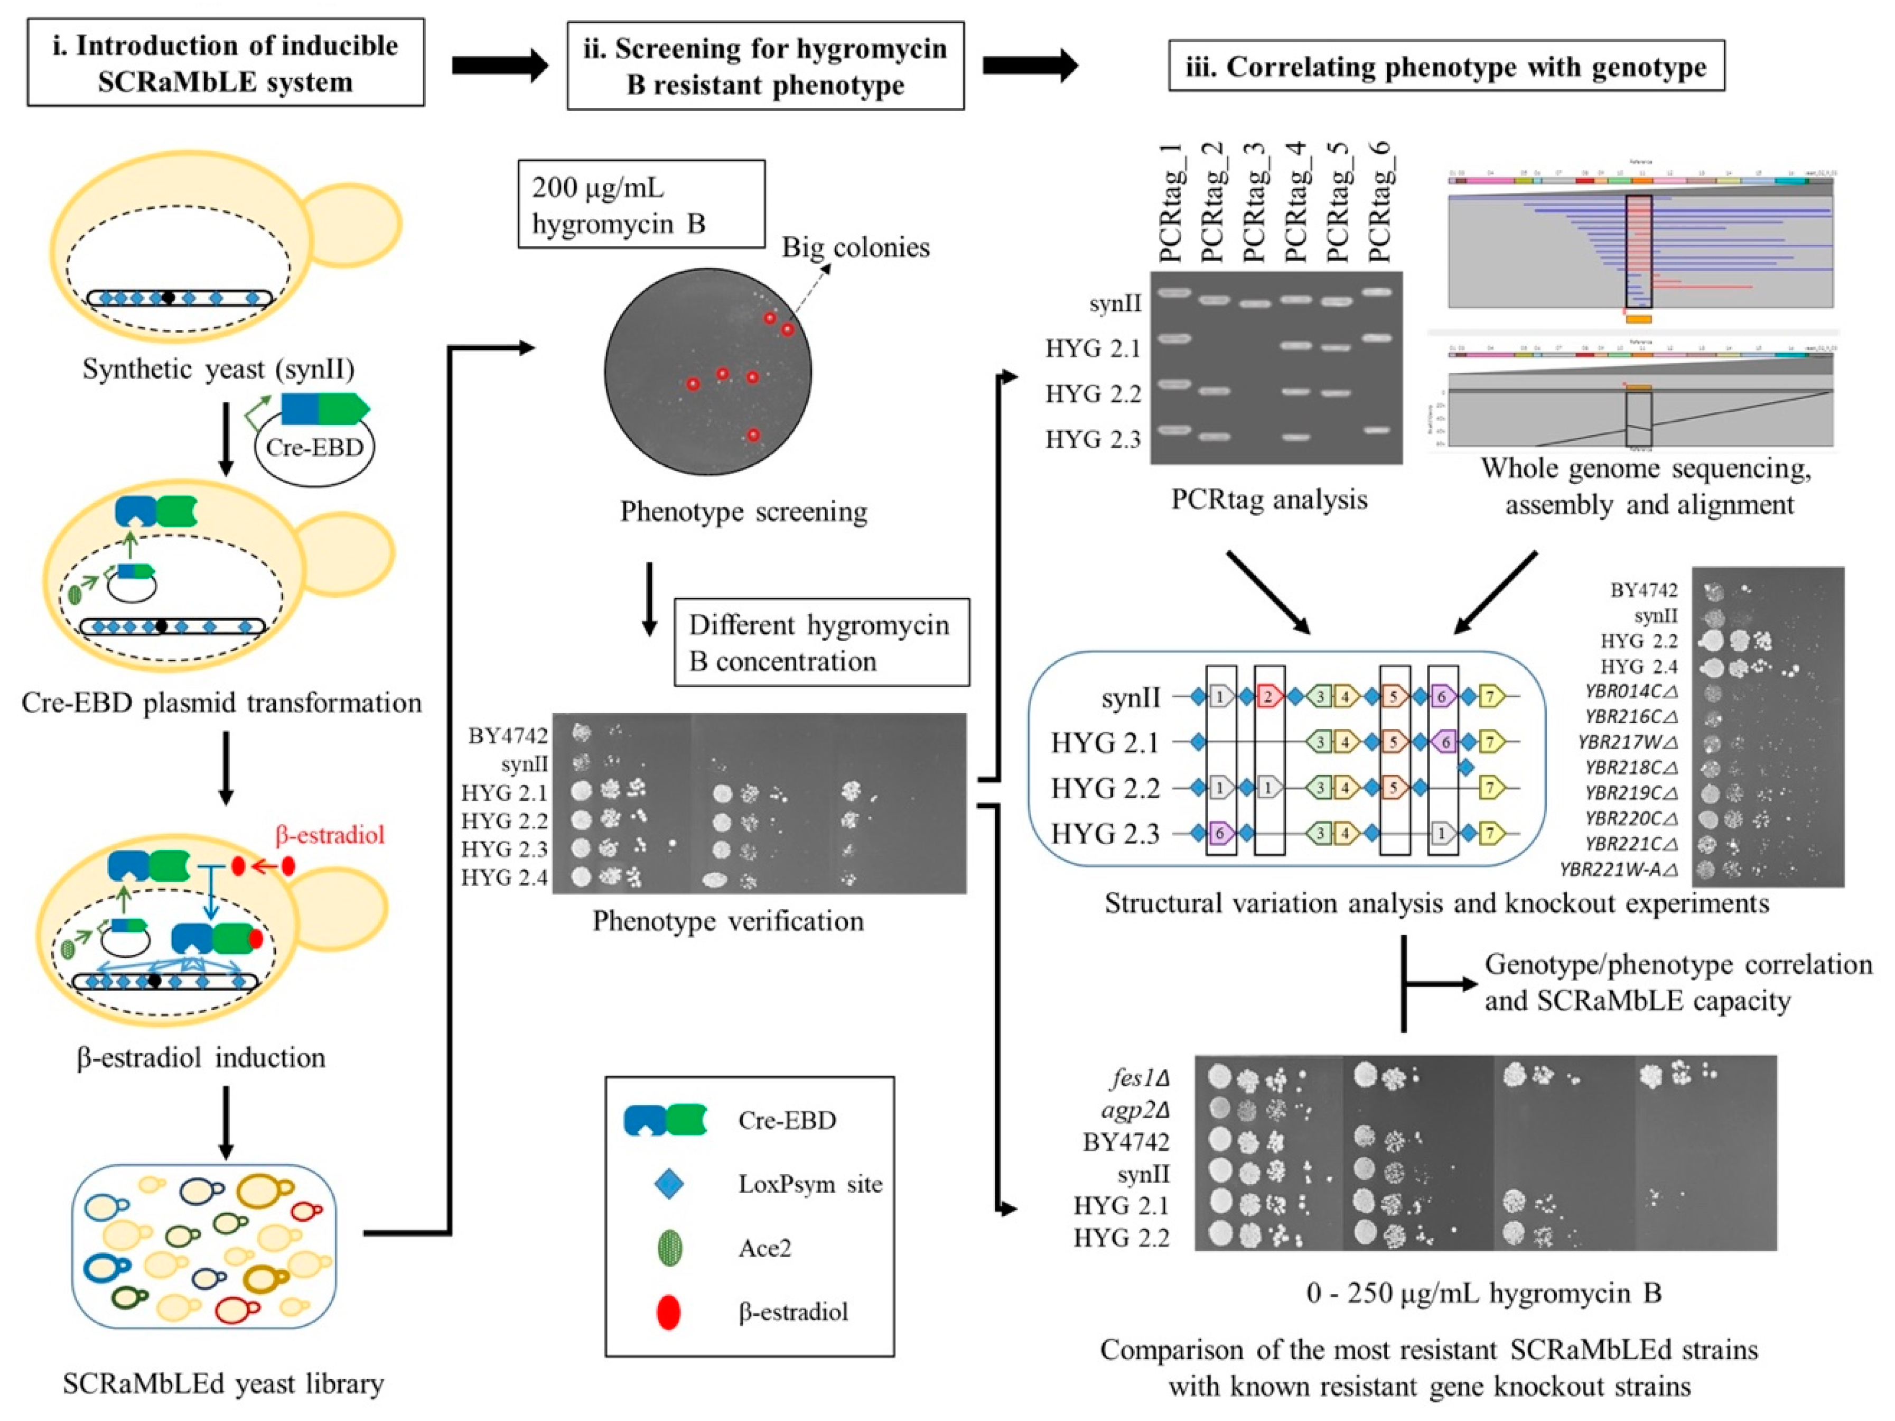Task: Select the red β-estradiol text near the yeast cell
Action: tap(330, 834)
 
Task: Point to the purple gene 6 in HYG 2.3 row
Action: tap(1220, 832)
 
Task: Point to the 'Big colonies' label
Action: tap(855, 248)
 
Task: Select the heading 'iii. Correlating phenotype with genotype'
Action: tap(1445, 67)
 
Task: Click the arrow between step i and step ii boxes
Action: tap(499, 65)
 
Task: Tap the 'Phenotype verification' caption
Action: tap(728, 921)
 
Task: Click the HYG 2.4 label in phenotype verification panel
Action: tap(504, 877)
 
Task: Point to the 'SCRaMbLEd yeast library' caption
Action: tap(223, 1383)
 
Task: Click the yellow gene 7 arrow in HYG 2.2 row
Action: tap(1491, 788)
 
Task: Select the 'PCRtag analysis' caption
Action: tap(1269, 500)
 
